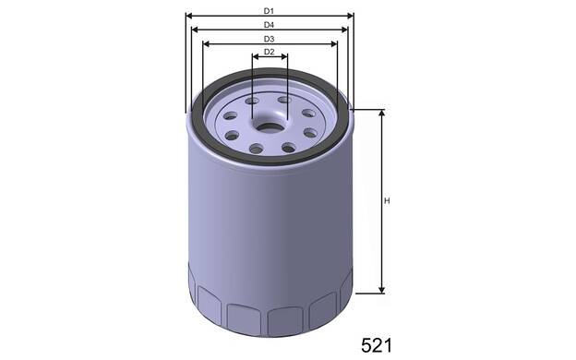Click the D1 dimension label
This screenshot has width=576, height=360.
(x=269, y=11)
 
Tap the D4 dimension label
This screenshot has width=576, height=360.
(x=269, y=25)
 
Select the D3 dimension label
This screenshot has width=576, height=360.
(x=269, y=39)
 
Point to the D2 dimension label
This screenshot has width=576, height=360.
(x=270, y=52)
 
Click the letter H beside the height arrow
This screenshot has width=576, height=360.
(x=387, y=201)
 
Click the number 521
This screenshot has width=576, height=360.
(x=377, y=345)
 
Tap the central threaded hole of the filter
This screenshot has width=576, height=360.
(x=269, y=128)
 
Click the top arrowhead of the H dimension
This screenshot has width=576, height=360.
(x=382, y=113)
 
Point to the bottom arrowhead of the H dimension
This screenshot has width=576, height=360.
(x=382, y=290)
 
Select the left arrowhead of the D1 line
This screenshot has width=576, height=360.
(x=189, y=16)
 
